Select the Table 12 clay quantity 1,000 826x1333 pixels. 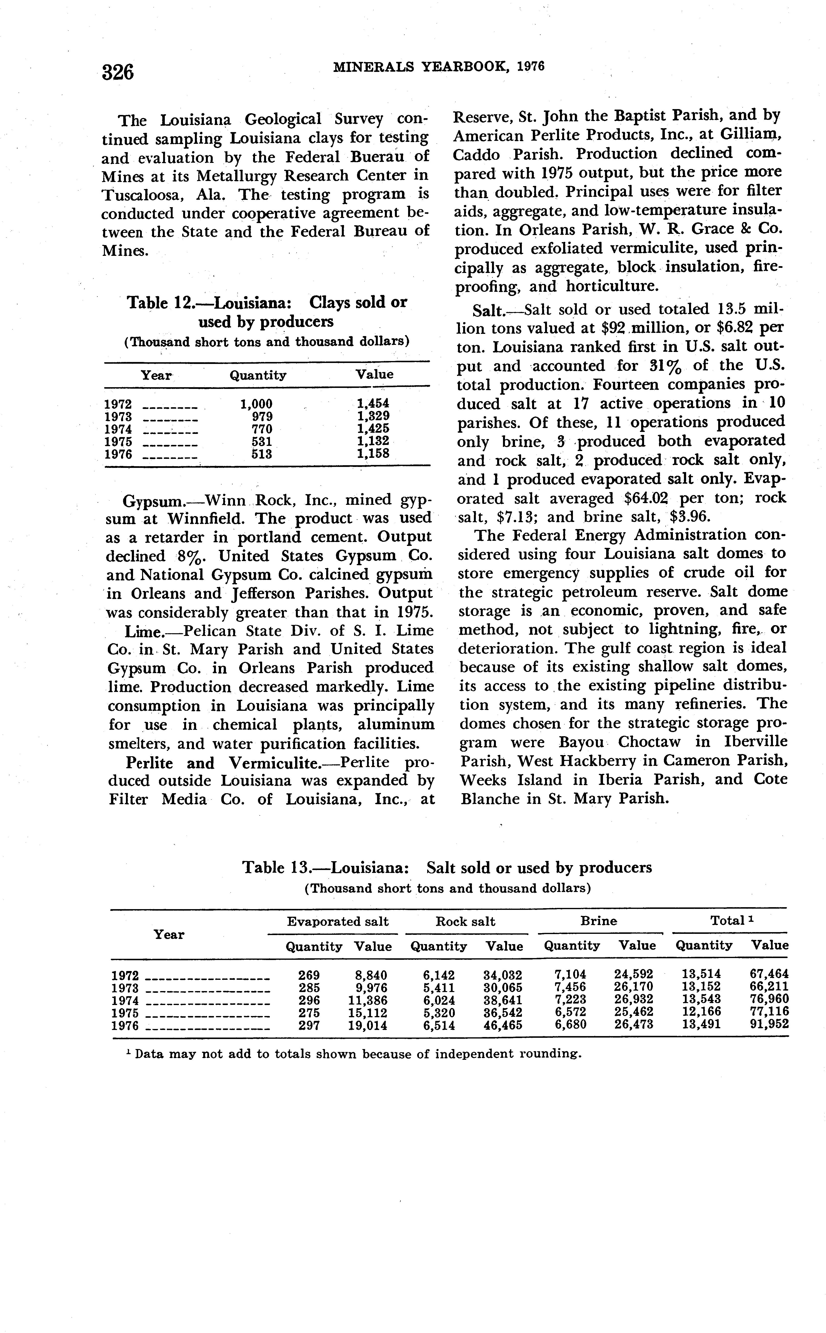point(256,404)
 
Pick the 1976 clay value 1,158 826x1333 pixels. point(373,453)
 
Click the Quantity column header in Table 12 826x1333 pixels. point(258,375)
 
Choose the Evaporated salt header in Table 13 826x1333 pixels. point(338,922)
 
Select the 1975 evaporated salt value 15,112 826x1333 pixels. point(368,1013)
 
